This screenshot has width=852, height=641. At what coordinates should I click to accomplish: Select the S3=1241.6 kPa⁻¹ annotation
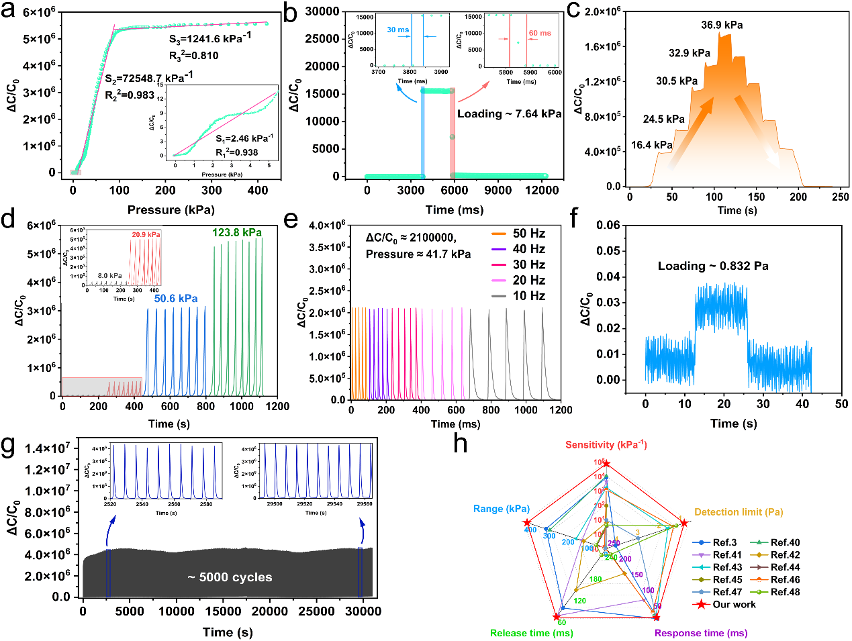point(210,38)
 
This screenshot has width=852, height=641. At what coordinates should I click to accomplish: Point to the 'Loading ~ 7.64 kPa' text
point(509,114)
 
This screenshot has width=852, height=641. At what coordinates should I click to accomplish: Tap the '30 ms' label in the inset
point(397,30)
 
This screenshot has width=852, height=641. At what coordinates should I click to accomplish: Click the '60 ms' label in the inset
point(540,33)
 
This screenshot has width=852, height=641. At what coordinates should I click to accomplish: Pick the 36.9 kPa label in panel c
point(722,26)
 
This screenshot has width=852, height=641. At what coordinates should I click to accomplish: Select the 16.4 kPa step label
point(651,145)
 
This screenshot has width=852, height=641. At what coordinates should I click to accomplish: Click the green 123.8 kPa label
point(237,233)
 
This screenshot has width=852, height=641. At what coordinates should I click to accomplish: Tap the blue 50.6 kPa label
point(176,299)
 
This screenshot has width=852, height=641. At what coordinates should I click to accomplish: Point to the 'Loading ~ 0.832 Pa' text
point(713,266)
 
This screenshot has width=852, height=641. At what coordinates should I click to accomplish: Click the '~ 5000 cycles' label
point(230,577)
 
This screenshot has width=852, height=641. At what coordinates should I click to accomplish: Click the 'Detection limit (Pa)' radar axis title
point(739,512)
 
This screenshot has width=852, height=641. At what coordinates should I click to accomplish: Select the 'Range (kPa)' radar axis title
point(502,509)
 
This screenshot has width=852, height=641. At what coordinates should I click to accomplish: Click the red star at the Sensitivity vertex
point(606,464)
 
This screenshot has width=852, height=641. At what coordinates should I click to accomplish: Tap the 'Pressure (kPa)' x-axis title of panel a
point(171,210)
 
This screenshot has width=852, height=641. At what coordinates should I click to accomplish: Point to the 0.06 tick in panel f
point(608,225)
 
